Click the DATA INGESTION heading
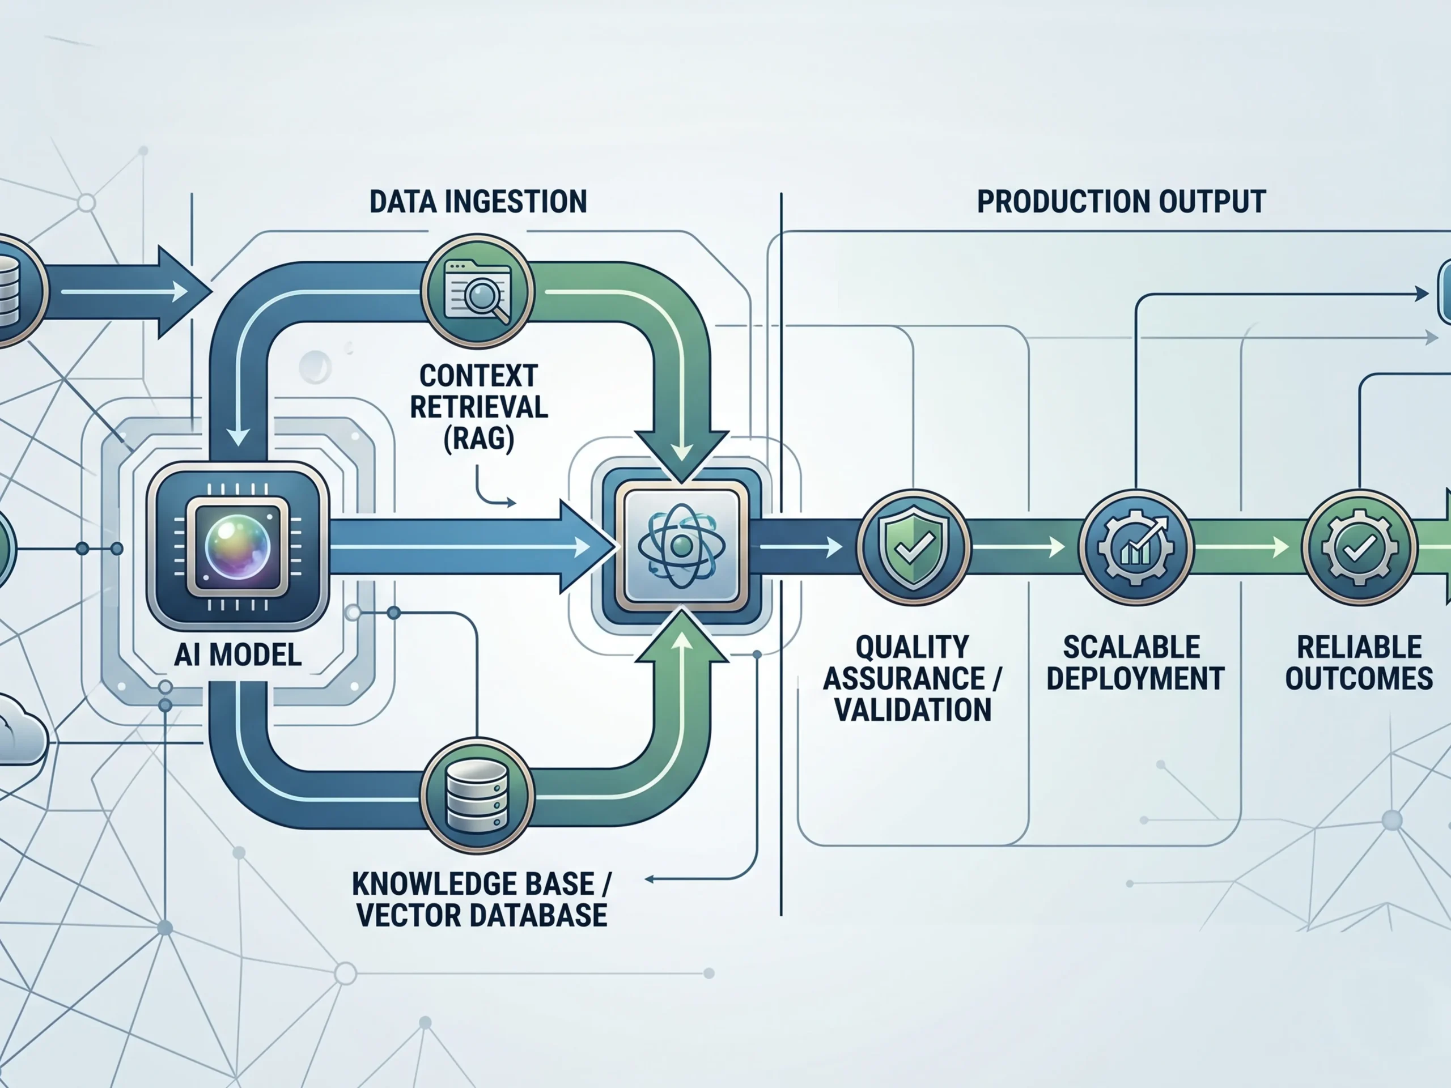pos(478,201)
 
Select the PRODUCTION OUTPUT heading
pos(1121,201)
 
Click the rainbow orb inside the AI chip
pos(237,546)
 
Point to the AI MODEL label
pos(237,654)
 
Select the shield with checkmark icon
pos(913,547)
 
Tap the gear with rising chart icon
pos(1135,547)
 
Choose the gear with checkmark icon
pos(1358,547)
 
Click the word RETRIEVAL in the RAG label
pos(478,407)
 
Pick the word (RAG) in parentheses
pos(478,438)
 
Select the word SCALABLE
pos(1131,647)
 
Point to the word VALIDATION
pos(913,709)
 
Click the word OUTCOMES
pos(1359,678)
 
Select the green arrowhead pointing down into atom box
pos(681,453)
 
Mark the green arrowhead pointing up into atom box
pos(681,639)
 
